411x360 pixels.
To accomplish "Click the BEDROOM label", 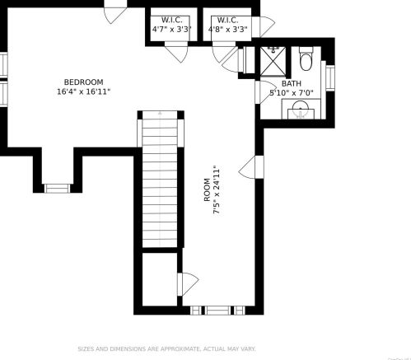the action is [x=84, y=82].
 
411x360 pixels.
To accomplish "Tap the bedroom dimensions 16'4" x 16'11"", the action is [x=84, y=91].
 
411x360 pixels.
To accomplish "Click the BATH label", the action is [x=292, y=83].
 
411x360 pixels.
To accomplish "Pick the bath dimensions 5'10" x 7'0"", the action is [x=292, y=93].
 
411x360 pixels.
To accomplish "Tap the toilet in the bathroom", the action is [x=306, y=58].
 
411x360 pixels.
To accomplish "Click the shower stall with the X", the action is [x=273, y=61].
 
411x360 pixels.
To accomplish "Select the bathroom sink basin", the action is [x=301, y=109].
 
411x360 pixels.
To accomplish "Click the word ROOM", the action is [x=207, y=190].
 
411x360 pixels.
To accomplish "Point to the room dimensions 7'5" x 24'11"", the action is [x=217, y=189].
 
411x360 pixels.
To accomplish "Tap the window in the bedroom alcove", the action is [x=58, y=189].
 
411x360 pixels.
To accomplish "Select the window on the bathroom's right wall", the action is [x=330, y=77].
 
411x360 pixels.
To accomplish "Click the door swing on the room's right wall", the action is [x=247, y=167].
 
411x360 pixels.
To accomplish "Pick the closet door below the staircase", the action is [x=188, y=284].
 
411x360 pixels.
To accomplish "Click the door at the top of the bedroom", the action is [x=115, y=15].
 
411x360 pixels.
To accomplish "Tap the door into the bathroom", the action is [x=265, y=92].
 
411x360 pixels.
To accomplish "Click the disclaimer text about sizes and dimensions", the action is [x=166, y=349].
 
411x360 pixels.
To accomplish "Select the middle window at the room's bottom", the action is [x=218, y=311].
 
